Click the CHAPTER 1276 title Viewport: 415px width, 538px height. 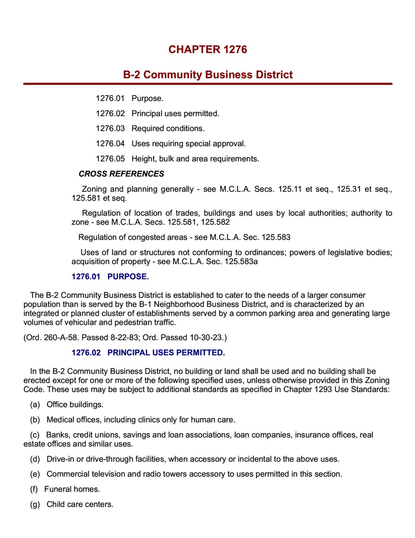[208, 49]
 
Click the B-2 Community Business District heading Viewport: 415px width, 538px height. [208, 75]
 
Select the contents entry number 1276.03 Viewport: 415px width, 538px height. [110, 128]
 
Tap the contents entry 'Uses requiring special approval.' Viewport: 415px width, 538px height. [189, 143]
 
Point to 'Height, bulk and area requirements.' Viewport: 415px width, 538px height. [195, 159]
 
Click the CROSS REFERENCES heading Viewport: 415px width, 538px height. [121, 174]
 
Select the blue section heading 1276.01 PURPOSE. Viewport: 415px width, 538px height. [110, 277]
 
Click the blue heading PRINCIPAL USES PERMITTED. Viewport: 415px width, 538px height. [166, 353]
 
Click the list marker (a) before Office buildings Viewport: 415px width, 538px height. [35, 405]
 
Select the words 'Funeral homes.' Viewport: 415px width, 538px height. [72, 489]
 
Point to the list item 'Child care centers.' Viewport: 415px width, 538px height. [80, 504]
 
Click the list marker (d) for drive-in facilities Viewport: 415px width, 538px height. [35, 459]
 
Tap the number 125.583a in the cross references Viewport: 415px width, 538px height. [241, 261]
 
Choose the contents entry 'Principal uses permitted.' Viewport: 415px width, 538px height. [175, 113]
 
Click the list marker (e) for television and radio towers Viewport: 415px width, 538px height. [35, 474]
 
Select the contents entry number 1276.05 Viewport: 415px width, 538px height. [110, 159]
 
